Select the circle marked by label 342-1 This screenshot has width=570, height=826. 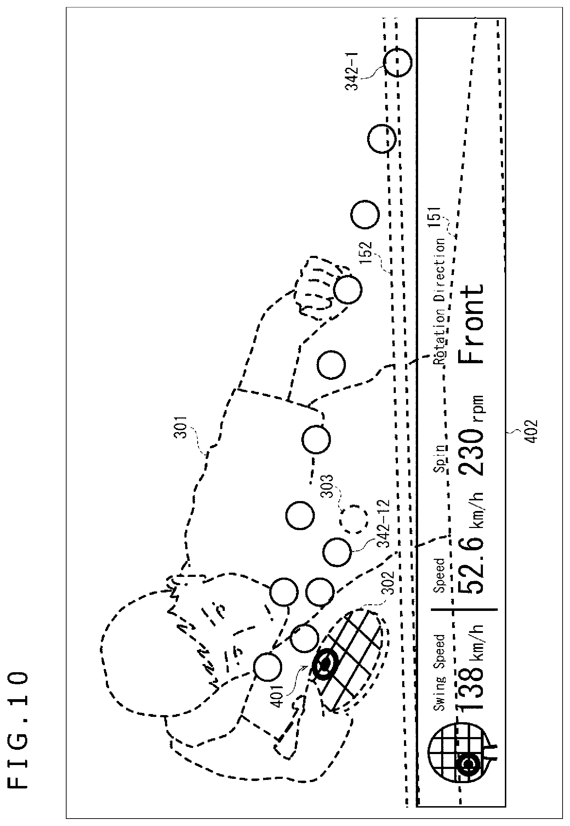coord(398,63)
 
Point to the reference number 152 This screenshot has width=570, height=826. coord(366,253)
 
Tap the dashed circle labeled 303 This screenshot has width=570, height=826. coord(354,520)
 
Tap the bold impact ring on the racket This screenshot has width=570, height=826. coord(325,665)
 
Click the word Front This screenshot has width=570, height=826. coord(472,324)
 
